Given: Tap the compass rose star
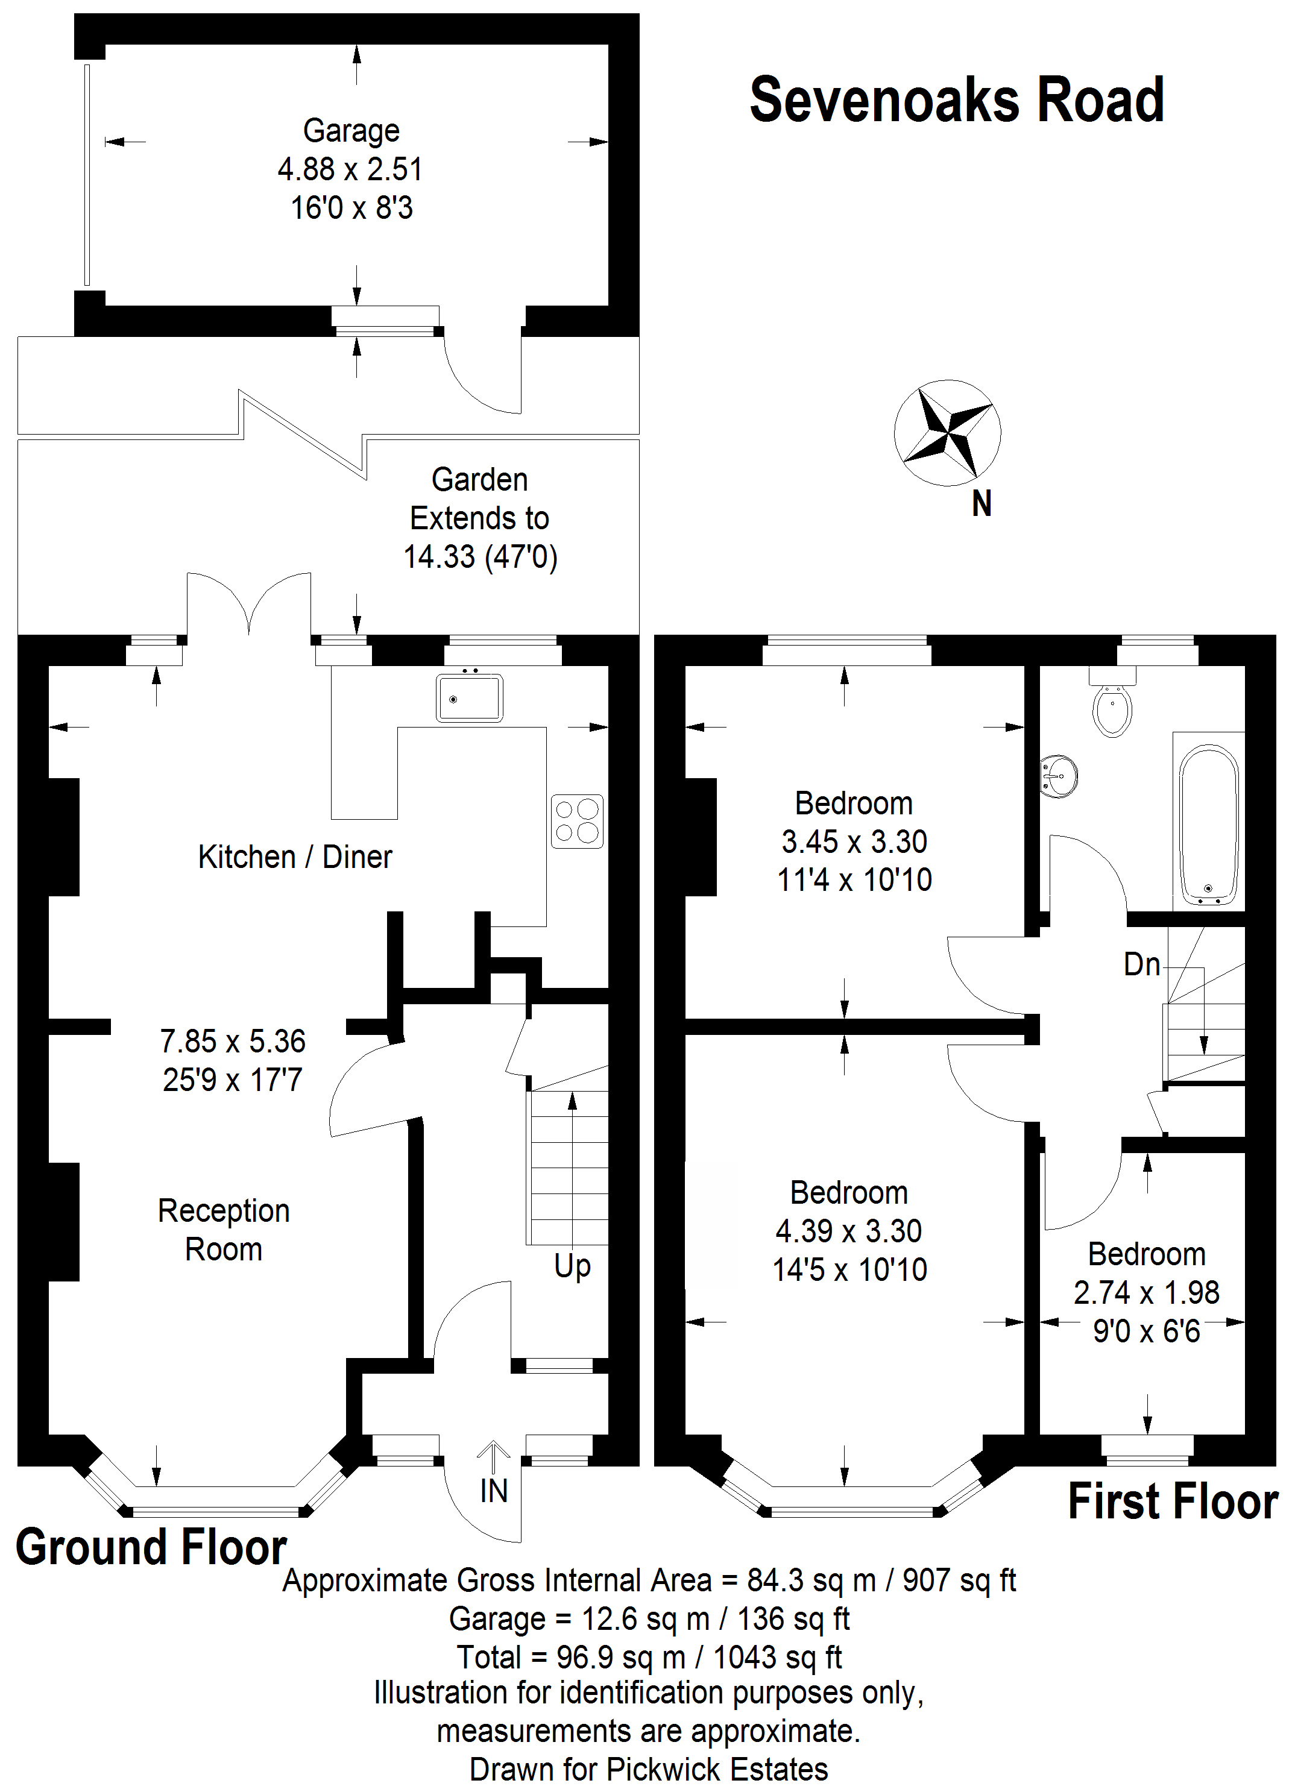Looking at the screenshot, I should click(947, 432).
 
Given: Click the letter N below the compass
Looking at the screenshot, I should click(982, 504).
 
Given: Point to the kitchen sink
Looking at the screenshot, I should click(469, 697).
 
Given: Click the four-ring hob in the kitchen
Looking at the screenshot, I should click(576, 821).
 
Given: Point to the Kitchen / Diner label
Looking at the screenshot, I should click(295, 857).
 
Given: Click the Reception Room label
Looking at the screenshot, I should click(224, 1230).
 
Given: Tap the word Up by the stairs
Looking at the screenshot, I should click(572, 1266).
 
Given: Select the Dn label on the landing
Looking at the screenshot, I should click(1141, 964).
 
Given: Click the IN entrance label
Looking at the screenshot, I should click(494, 1491).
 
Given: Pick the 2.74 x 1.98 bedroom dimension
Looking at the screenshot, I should click(1146, 1292).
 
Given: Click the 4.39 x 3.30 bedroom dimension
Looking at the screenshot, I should click(849, 1230).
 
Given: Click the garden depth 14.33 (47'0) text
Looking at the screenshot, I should click(481, 557).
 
